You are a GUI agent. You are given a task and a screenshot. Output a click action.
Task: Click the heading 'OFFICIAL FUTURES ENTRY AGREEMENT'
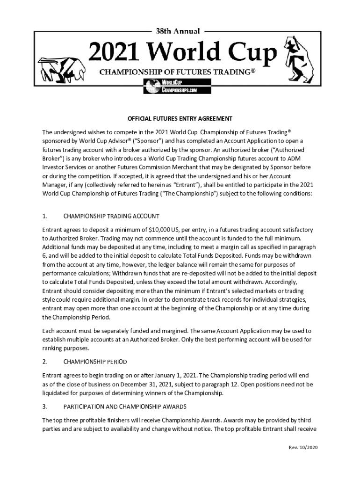(180, 118)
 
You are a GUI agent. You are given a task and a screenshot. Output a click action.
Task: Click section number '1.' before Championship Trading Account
(45, 216)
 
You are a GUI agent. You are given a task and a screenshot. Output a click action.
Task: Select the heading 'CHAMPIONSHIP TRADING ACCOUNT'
(111, 216)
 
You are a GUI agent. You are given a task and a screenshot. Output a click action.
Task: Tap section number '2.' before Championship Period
(45, 362)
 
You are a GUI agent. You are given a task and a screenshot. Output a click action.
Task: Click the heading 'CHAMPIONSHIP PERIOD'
(95, 362)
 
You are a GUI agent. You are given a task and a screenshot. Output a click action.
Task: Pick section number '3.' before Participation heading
(45, 406)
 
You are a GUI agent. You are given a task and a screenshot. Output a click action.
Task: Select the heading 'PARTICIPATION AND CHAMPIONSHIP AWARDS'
(125, 406)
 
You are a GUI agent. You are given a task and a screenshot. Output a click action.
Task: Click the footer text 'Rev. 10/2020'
(303, 448)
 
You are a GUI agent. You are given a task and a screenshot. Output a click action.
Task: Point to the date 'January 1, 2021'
(175, 376)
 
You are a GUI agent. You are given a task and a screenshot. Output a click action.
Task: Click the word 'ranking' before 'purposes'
(53, 348)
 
